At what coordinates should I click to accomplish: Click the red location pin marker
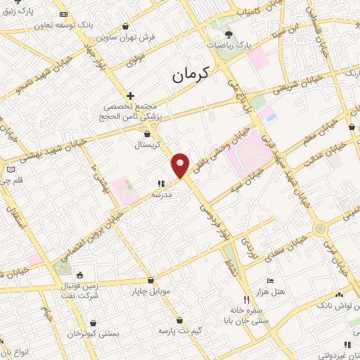click(181, 165)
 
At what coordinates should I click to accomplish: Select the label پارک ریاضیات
click(229, 44)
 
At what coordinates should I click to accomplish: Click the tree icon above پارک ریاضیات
click(229, 32)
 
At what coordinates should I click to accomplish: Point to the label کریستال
click(148, 144)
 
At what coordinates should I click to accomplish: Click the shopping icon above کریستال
click(147, 134)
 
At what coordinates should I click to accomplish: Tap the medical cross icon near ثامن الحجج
click(130, 95)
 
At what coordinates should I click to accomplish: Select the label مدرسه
click(162, 194)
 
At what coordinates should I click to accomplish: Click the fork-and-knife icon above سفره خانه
click(245, 298)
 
